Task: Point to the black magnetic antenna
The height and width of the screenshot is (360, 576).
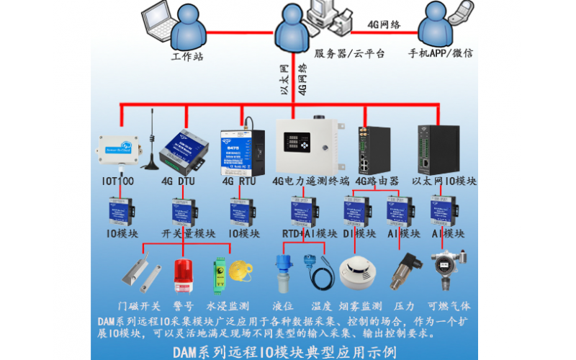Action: click(x=150, y=150)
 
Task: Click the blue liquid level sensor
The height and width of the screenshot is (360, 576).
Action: click(x=282, y=271)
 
